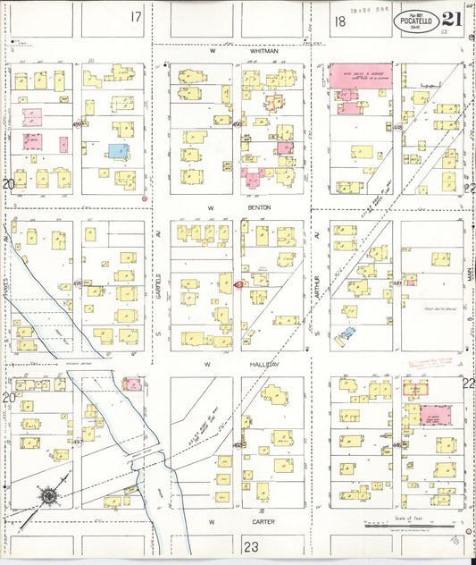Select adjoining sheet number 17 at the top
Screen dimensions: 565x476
[136, 17]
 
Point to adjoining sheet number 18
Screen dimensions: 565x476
[340, 21]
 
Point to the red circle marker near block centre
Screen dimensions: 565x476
[238, 284]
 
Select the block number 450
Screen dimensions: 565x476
[237, 124]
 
